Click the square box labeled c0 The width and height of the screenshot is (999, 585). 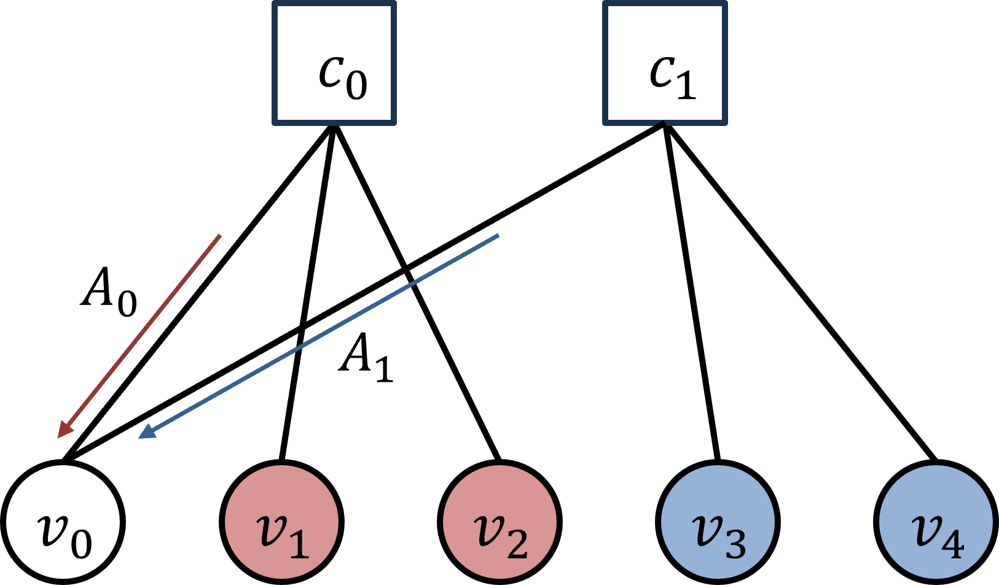point(334,63)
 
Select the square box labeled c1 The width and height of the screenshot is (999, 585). point(665,63)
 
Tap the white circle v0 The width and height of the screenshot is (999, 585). point(63,522)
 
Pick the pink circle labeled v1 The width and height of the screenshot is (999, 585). point(281,522)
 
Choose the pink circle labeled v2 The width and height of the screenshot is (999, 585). point(499,522)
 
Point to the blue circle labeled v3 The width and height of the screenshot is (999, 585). point(718,522)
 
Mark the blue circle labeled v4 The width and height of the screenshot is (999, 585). point(936,522)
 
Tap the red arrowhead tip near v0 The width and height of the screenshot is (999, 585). point(58,438)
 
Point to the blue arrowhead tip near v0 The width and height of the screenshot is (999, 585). point(139,438)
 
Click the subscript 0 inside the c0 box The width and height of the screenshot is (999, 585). point(356,84)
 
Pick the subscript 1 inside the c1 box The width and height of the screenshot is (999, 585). point(686,84)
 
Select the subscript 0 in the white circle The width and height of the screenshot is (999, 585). point(81,543)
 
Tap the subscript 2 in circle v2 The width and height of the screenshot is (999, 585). point(517,543)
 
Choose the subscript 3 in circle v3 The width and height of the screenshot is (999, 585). point(735,543)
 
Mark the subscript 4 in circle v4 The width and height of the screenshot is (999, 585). point(954,543)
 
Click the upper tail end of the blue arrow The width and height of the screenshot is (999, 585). point(498,235)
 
